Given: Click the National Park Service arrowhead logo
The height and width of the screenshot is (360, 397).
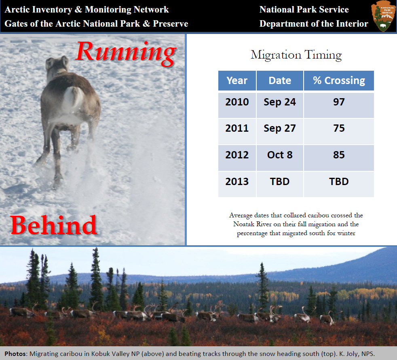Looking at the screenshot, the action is coord(383,16).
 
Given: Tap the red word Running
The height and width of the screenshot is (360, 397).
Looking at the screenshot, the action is coord(126,53).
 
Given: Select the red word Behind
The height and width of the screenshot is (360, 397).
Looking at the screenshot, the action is coord(54,225).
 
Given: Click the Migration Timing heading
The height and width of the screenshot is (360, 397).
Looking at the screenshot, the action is coord(296,55).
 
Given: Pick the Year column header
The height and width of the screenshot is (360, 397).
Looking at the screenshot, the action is coord(237,80).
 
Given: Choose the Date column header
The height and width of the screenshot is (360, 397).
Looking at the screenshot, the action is coord(280,80).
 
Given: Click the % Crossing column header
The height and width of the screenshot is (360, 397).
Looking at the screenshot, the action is coord(339,80).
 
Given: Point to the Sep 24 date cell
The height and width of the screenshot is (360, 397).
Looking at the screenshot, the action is coord(280,102).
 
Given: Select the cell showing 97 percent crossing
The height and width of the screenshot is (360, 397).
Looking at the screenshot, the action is coord(339,102).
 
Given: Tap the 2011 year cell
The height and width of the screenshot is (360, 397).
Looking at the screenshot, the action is coord(237,128).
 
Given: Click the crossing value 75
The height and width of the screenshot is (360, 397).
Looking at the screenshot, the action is coord(339,128).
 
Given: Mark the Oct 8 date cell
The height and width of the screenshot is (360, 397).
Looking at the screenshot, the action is coord(280,155).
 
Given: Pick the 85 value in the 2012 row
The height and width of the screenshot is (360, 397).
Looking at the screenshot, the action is coord(339,155).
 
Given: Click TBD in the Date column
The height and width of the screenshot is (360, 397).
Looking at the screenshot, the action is coord(280,182).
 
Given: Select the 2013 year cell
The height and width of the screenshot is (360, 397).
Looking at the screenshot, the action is coord(237,182).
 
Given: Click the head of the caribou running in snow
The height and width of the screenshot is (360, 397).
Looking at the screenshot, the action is coord(57,66).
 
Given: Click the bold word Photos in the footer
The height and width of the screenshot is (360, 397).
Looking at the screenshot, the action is coord(16,354).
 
